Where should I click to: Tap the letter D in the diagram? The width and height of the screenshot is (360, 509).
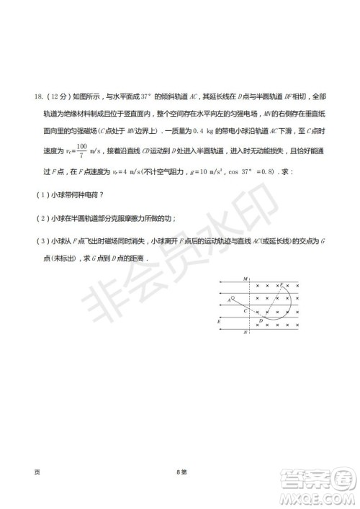[x=260, y=321]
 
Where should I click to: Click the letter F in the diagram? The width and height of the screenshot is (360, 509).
[x=282, y=284]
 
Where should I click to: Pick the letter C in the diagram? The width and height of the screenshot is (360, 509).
[x=245, y=310]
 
